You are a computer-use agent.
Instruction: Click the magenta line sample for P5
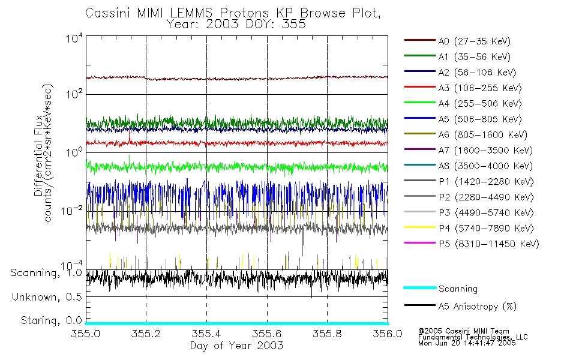point(419,244)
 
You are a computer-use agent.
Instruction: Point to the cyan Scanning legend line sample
point(419,289)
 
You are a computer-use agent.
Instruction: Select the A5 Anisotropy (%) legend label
point(477,307)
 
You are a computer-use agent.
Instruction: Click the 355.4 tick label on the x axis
point(206,334)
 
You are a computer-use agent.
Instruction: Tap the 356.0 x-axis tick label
point(387,334)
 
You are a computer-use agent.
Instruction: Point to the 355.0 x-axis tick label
point(86,334)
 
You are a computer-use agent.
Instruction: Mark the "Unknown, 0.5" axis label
point(47,297)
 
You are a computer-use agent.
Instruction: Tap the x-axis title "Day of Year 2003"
point(236,346)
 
